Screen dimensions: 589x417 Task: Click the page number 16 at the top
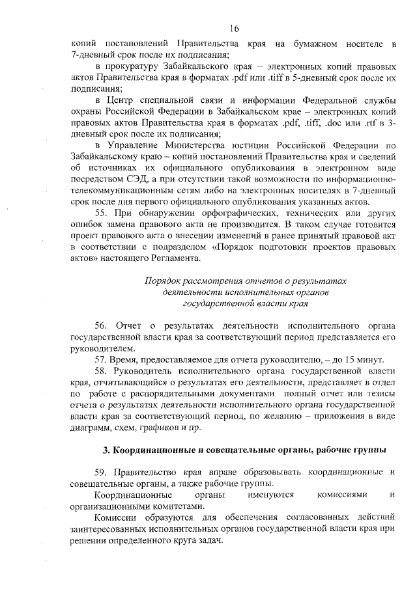point(235,28)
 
